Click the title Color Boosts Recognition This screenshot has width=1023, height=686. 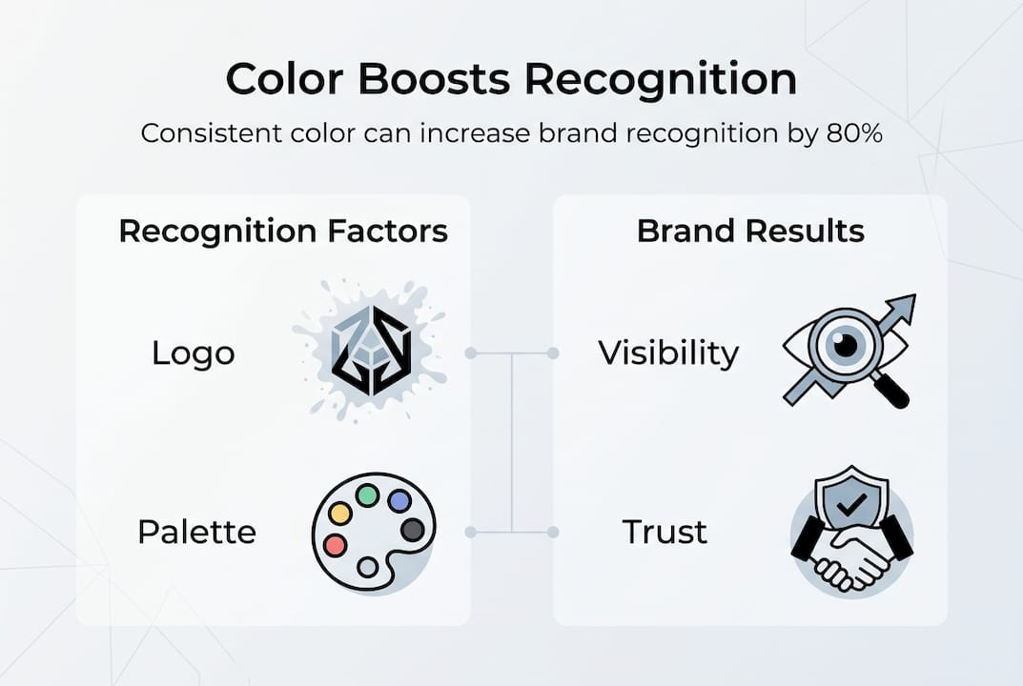(x=511, y=80)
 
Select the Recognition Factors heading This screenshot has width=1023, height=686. (x=282, y=232)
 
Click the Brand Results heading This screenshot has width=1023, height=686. (x=750, y=232)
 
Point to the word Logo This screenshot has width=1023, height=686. (x=193, y=353)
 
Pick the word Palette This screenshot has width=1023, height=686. (x=196, y=531)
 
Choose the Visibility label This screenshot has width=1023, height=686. (x=668, y=353)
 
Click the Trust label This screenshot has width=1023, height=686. (x=665, y=531)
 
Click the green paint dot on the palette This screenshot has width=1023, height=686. (x=367, y=495)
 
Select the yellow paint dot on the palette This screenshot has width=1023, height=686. (x=340, y=514)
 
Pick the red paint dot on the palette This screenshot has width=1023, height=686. (x=335, y=545)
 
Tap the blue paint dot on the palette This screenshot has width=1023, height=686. (x=399, y=501)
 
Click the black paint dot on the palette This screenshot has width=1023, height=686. (x=412, y=530)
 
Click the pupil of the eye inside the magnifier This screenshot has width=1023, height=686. (x=845, y=346)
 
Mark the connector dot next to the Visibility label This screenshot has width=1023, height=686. (x=553, y=353)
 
